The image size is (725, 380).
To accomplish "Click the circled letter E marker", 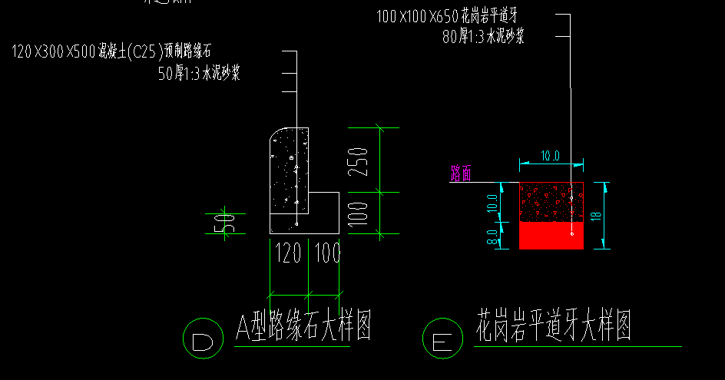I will (x=443, y=339).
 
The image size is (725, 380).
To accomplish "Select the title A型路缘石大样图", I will (x=303, y=328).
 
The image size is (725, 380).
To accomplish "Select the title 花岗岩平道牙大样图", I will (x=553, y=325).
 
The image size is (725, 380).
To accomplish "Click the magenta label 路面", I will (x=465, y=173).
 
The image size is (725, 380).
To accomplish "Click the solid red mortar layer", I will (x=551, y=236).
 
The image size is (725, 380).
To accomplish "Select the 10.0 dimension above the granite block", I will (x=550, y=156).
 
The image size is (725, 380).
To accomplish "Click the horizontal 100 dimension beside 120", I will (x=328, y=254).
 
